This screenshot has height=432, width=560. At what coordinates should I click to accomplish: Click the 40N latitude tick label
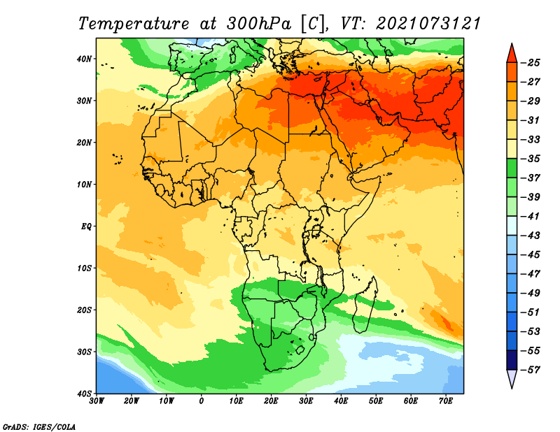pyautogui.click(x=84, y=59)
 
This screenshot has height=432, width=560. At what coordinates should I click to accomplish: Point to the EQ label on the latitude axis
pyautogui.click(x=86, y=226)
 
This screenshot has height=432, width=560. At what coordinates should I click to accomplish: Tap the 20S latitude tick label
pyautogui.click(x=84, y=310)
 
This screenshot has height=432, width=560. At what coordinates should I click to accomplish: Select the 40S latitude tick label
pyautogui.click(x=84, y=394)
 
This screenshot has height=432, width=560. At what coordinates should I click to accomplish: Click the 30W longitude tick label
pyautogui.click(x=97, y=401)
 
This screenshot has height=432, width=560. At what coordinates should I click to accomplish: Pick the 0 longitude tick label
pyautogui.click(x=202, y=401)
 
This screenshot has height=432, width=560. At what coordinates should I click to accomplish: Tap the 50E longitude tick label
pyautogui.click(x=376, y=401)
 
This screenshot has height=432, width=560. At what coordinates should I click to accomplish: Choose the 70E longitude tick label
pyautogui.click(x=446, y=401)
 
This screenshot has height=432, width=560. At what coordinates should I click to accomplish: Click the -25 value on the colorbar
pyautogui.click(x=531, y=63)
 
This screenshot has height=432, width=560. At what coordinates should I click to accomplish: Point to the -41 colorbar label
pyautogui.click(x=531, y=217)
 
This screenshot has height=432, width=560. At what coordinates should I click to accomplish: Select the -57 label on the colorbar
pyautogui.click(x=531, y=370)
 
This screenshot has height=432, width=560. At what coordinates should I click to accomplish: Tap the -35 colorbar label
pyautogui.click(x=531, y=159)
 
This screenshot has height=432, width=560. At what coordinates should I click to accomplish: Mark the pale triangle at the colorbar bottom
pyautogui.click(x=512, y=377)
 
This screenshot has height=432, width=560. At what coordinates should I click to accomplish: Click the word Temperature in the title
pyautogui.click(x=134, y=24)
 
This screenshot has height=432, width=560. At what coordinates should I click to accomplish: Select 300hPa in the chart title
pyautogui.click(x=259, y=24)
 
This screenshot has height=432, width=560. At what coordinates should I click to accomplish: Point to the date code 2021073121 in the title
pyautogui.click(x=428, y=24)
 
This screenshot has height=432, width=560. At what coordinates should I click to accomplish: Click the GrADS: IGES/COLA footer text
pyautogui.click(x=39, y=427)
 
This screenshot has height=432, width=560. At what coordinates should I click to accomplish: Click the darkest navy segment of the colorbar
pyautogui.click(x=512, y=360)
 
